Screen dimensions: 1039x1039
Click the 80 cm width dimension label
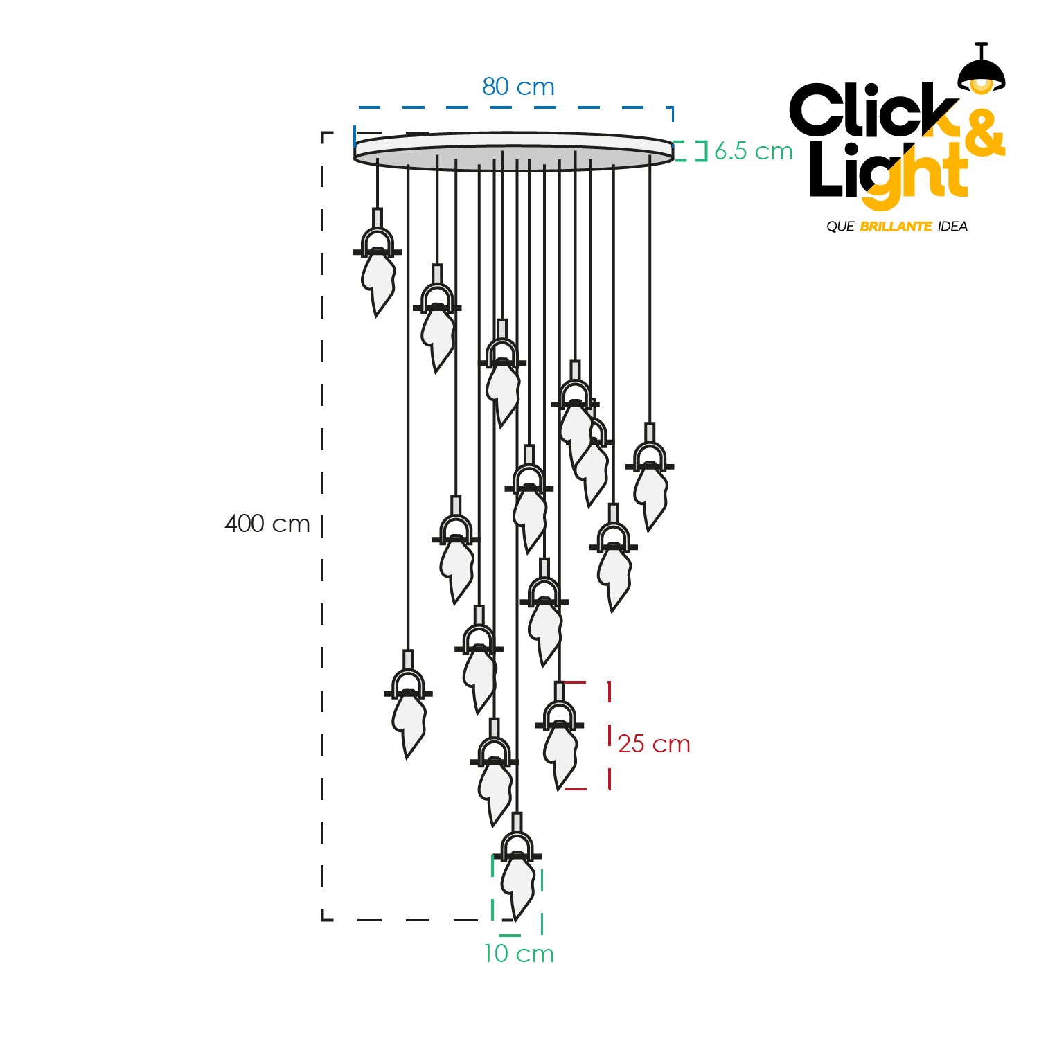tap(518, 87)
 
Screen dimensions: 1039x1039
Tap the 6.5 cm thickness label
tap(753, 151)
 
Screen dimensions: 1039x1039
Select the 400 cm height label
tap(267, 524)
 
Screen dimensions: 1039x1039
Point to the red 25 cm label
tap(654, 744)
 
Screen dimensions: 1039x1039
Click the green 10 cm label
tap(519, 954)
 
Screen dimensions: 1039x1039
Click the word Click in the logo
tap(873, 111)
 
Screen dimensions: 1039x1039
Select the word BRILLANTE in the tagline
tap(896, 227)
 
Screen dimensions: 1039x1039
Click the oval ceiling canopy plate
tap(513, 150)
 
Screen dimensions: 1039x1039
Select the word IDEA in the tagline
tap(952, 227)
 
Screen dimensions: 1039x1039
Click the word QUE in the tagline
tap(840, 227)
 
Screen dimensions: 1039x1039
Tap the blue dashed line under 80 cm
tap(513, 108)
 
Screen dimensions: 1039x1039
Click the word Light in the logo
tap(887, 173)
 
